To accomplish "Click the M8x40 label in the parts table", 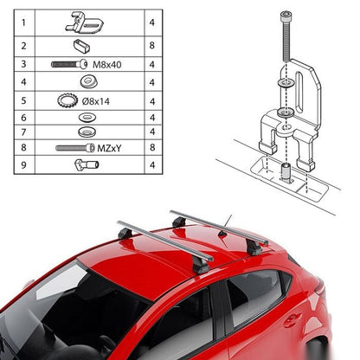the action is click(106, 65).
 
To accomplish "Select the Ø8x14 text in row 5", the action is click(96, 101).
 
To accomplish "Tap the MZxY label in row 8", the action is click(109, 148).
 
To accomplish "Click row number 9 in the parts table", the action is click(23, 165).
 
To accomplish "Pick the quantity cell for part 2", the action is click(152, 46).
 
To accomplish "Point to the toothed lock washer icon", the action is click(67, 100).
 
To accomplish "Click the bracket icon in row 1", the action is click(84, 22).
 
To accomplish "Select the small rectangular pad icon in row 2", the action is click(81, 46).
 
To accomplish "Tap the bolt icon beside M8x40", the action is click(69, 64).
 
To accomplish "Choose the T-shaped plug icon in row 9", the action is click(87, 164).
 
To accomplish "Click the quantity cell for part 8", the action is click(152, 147).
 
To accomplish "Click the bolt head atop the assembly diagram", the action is click(286, 16).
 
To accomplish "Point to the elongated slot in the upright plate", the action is click(299, 93).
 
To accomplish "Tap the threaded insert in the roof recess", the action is click(286, 171).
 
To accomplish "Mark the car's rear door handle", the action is click(292, 320).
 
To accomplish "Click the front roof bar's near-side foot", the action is click(201, 267).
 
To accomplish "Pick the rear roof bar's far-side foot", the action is click(179, 222).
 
